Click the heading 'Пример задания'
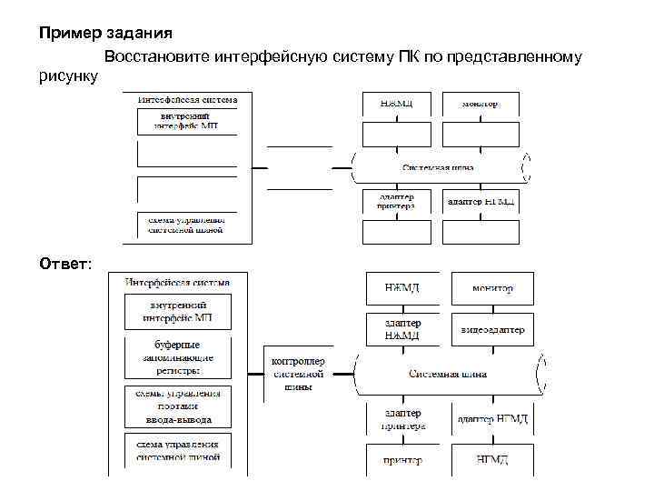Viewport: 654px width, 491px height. click(x=105, y=34)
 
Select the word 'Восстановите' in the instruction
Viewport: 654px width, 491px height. click(x=157, y=57)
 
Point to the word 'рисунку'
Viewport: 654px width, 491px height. click(x=68, y=77)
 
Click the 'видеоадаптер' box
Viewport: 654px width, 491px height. click(x=492, y=329)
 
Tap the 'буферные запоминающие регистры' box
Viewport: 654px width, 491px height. click(x=177, y=357)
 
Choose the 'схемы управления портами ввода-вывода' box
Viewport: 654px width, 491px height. click(x=177, y=406)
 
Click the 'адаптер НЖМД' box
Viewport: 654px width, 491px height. click(x=403, y=329)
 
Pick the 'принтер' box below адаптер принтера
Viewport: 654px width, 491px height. click(x=403, y=460)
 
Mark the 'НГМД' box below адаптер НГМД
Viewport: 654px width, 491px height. click(x=492, y=460)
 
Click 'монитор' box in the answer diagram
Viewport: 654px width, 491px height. click(x=492, y=288)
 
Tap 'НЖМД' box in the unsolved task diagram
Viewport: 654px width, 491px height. click(x=403, y=103)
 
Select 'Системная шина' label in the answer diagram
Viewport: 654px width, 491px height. click(x=448, y=374)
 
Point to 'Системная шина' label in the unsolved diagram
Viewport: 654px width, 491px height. click(x=438, y=167)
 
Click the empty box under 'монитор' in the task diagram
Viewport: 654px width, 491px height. click(x=481, y=134)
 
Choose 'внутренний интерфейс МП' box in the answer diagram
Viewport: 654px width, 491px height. click(x=177, y=312)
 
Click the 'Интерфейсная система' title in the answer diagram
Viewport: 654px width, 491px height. click(x=177, y=282)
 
